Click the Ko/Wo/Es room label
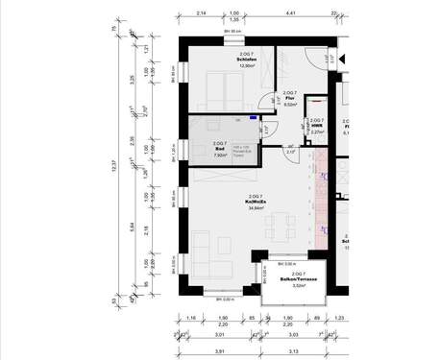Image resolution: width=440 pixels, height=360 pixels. (256, 203)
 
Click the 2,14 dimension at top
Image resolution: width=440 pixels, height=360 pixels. (202, 14)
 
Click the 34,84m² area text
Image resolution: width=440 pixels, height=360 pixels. (256, 208)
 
